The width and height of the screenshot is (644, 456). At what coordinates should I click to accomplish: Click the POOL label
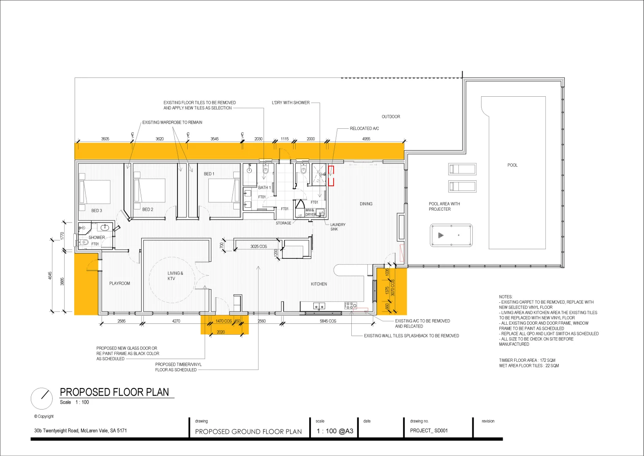(512, 165)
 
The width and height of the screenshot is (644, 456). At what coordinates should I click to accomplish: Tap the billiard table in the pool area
(451, 236)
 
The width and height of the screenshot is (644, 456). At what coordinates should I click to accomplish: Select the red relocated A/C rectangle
(331, 176)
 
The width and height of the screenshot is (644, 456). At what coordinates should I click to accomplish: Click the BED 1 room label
(209, 174)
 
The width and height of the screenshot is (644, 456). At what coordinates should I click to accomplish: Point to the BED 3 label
(97, 211)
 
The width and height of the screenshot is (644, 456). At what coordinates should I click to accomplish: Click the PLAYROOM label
(119, 283)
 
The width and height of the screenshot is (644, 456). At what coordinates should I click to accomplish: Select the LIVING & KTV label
(175, 276)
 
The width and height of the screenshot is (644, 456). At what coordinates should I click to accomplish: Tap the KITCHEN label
(319, 284)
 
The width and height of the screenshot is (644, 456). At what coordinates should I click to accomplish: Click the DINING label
(366, 204)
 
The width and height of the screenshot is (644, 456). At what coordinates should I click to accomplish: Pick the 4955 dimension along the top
(366, 139)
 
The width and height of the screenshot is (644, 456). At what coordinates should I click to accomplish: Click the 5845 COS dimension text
(328, 321)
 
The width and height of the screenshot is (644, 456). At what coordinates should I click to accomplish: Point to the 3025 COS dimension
(258, 247)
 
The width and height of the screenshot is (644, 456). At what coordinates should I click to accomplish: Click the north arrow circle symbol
(42, 398)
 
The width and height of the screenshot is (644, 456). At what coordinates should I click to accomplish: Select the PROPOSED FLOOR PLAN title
(114, 392)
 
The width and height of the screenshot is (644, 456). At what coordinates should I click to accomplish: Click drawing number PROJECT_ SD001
(428, 431)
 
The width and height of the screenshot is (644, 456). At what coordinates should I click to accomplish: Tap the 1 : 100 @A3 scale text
(335, 431)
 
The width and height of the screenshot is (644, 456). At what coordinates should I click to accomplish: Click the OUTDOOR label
(391, 117)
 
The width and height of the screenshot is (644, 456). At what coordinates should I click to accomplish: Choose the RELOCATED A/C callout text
(364, 128)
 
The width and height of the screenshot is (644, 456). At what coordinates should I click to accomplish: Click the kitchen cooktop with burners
(350, 305)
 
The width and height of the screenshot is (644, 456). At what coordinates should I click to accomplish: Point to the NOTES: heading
(506, 297)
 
